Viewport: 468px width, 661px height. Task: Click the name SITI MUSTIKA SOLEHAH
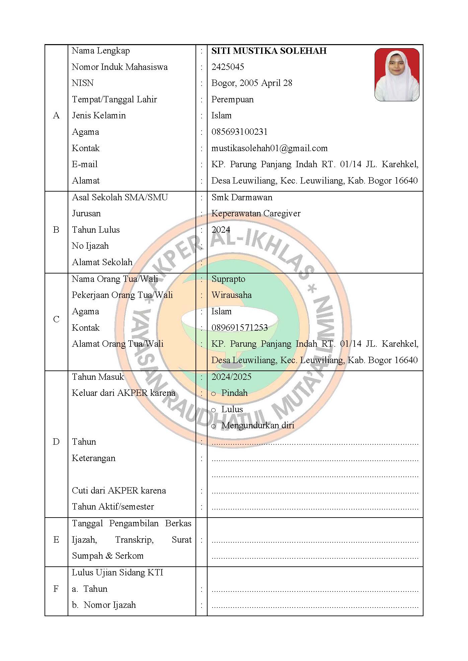[x=269, y=51]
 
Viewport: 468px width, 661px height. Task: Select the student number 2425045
[x=228, y=67]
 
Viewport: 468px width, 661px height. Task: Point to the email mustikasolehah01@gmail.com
[x=269, y=148]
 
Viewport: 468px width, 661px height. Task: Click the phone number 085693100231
[x=239, y=132]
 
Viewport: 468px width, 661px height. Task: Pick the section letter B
[x=56, y=230]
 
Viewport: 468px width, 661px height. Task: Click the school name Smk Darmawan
[x=242, y=197]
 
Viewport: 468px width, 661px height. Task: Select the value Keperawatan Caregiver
[x=256, y=213]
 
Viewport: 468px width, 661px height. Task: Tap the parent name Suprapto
[x=228, y=279]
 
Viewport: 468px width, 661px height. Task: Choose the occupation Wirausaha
[x=231, y=295]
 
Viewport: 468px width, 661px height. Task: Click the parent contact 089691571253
[x=239, y=328]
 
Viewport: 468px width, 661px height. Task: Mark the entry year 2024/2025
[x=231, y=377]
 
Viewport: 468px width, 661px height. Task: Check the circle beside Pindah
[x=214, y=394]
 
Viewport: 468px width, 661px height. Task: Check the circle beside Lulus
[x=214, y=410]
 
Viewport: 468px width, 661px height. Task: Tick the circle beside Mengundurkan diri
[x=214, y=426]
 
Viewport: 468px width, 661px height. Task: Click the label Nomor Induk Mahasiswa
[x=120, y=67]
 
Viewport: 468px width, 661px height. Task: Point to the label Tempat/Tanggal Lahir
[x=114, y=99]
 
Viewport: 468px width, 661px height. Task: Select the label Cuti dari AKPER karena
[x=119, y=490]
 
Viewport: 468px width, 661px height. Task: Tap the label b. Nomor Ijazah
[x=104, y=605]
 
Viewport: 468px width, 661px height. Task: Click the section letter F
[x=56, y=589]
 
